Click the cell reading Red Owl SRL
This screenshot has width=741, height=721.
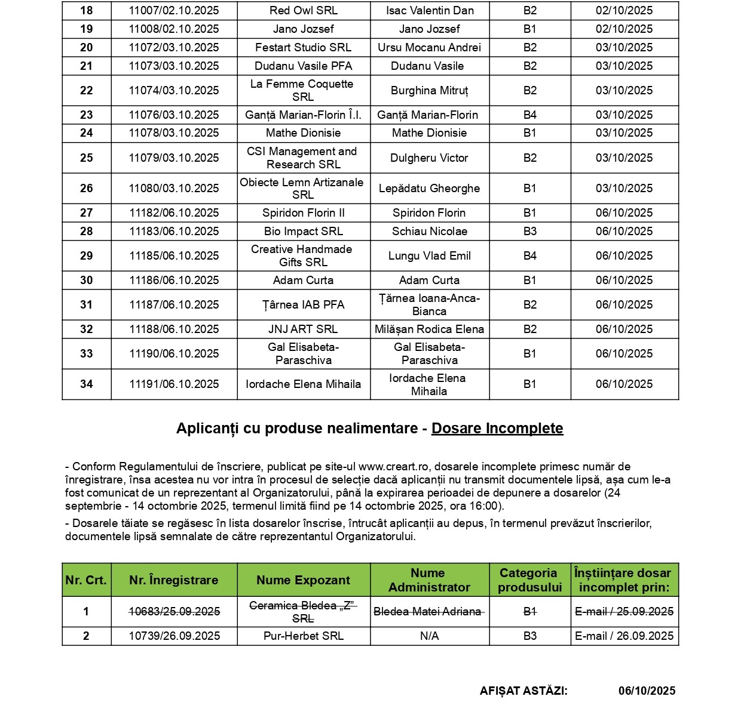tap(304, 11)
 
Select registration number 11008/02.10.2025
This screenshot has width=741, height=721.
tap(174, 29)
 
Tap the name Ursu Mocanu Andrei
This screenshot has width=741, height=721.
tap(429, 48)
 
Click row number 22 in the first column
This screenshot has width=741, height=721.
tap(87, 91)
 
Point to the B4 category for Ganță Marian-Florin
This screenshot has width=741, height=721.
tap(530, 115)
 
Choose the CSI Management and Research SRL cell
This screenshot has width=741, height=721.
tap(302, 158)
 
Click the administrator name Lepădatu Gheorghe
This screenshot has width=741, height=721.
tap(429, 189)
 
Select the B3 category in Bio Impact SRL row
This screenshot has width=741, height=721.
tap(530, 232)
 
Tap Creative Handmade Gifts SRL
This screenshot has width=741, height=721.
tap(302, 256)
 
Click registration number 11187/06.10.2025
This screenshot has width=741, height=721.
tap(174, 305)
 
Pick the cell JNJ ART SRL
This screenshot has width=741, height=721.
tap(303, 329)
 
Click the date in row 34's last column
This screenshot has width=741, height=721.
tap(624, 384)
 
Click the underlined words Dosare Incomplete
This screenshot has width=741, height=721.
tap(497, 429)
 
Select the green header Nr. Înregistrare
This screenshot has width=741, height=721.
tap(174, 580)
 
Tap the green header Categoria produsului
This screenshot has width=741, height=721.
tap(529, 580)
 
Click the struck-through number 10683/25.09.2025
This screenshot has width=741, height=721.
tap(174, 612)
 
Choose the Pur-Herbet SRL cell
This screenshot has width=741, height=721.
tap(304, 636)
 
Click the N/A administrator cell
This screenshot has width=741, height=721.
tap(429, 636)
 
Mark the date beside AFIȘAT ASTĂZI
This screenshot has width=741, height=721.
tap(647, 691)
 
